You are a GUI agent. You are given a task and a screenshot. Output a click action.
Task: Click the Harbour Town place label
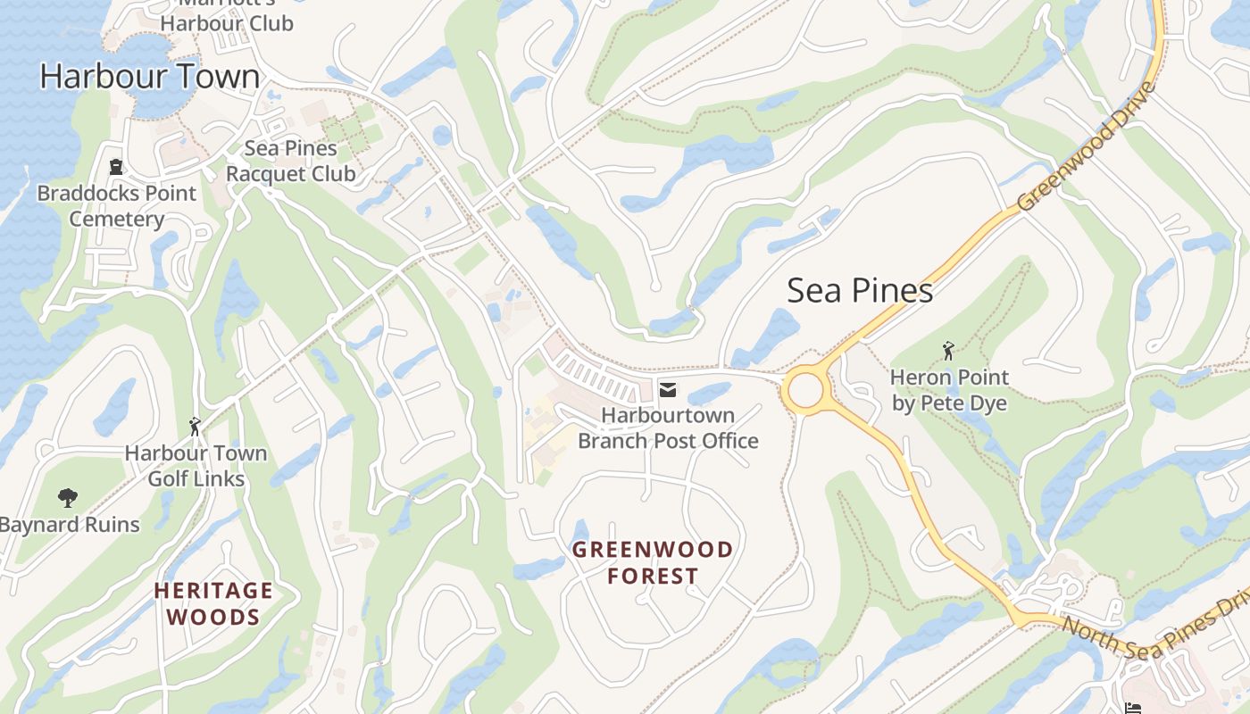point(149,77)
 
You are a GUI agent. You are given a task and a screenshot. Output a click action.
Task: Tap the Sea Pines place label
point(860,291)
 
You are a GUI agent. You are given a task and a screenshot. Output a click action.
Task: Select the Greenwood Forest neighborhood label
point(653,562)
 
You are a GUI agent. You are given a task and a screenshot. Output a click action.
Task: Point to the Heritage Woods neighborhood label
point(213,603)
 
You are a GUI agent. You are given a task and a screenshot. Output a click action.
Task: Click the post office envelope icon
point(667,389)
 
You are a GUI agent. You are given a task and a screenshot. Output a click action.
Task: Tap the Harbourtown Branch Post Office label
point(668,428)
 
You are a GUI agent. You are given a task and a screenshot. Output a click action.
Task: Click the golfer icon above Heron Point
point(948,352)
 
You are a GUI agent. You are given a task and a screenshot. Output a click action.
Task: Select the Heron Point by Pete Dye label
point(949,390)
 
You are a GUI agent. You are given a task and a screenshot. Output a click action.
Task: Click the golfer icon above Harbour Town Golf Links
point(195,428)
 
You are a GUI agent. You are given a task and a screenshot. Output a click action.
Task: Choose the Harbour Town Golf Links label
point(196,466)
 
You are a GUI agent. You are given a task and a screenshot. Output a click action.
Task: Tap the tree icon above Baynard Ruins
point(67,498)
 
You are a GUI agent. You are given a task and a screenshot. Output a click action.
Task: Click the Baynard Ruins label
point(70,525)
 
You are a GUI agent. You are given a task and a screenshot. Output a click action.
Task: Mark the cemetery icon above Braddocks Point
point(115,167)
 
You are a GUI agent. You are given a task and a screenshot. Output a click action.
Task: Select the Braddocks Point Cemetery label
point(117,206)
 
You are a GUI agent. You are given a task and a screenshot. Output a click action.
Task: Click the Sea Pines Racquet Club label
point(290,161)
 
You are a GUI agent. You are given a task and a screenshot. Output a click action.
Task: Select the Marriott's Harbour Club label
point(227,16)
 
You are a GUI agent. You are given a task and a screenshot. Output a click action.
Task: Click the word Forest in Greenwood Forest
point(653,576)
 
